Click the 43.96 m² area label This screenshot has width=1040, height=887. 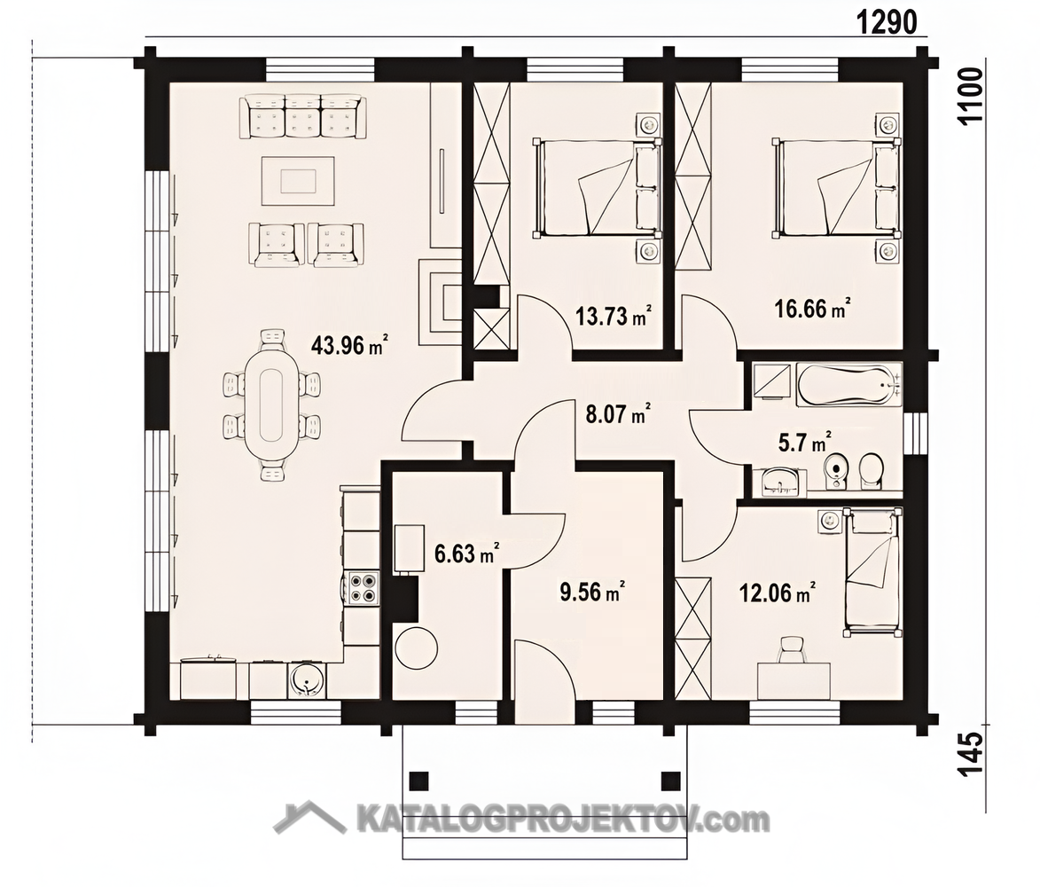(349, 344)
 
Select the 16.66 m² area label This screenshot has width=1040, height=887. (813, 308)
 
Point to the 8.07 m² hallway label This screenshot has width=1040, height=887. (617, 414)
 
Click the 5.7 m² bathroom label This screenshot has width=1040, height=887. (805, 442)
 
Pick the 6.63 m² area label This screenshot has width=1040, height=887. (467, 553)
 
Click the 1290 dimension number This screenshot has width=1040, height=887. (888, 23)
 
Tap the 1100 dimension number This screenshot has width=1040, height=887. (972, 96)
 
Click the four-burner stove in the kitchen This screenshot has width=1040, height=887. (362, 586)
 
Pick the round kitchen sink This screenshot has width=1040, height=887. (307, 680)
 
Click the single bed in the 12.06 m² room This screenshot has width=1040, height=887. (872, 572)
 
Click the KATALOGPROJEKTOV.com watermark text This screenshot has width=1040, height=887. (563, 820)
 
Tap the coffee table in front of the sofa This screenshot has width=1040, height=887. (299, 180)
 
